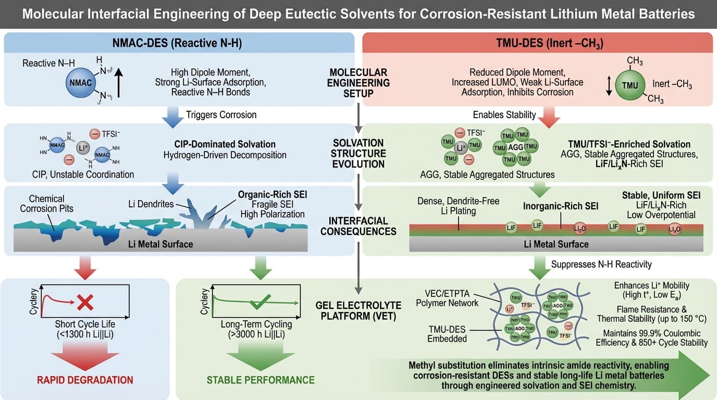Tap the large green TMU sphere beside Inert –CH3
629,85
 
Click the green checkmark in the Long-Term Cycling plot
259,301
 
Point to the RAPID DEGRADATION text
85,380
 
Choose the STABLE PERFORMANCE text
261,380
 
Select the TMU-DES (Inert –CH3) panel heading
537,43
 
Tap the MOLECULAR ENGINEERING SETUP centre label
359,83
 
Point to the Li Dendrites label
151,204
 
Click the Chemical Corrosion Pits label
47,204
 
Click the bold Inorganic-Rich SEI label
561,206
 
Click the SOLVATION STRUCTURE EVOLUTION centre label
359,153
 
